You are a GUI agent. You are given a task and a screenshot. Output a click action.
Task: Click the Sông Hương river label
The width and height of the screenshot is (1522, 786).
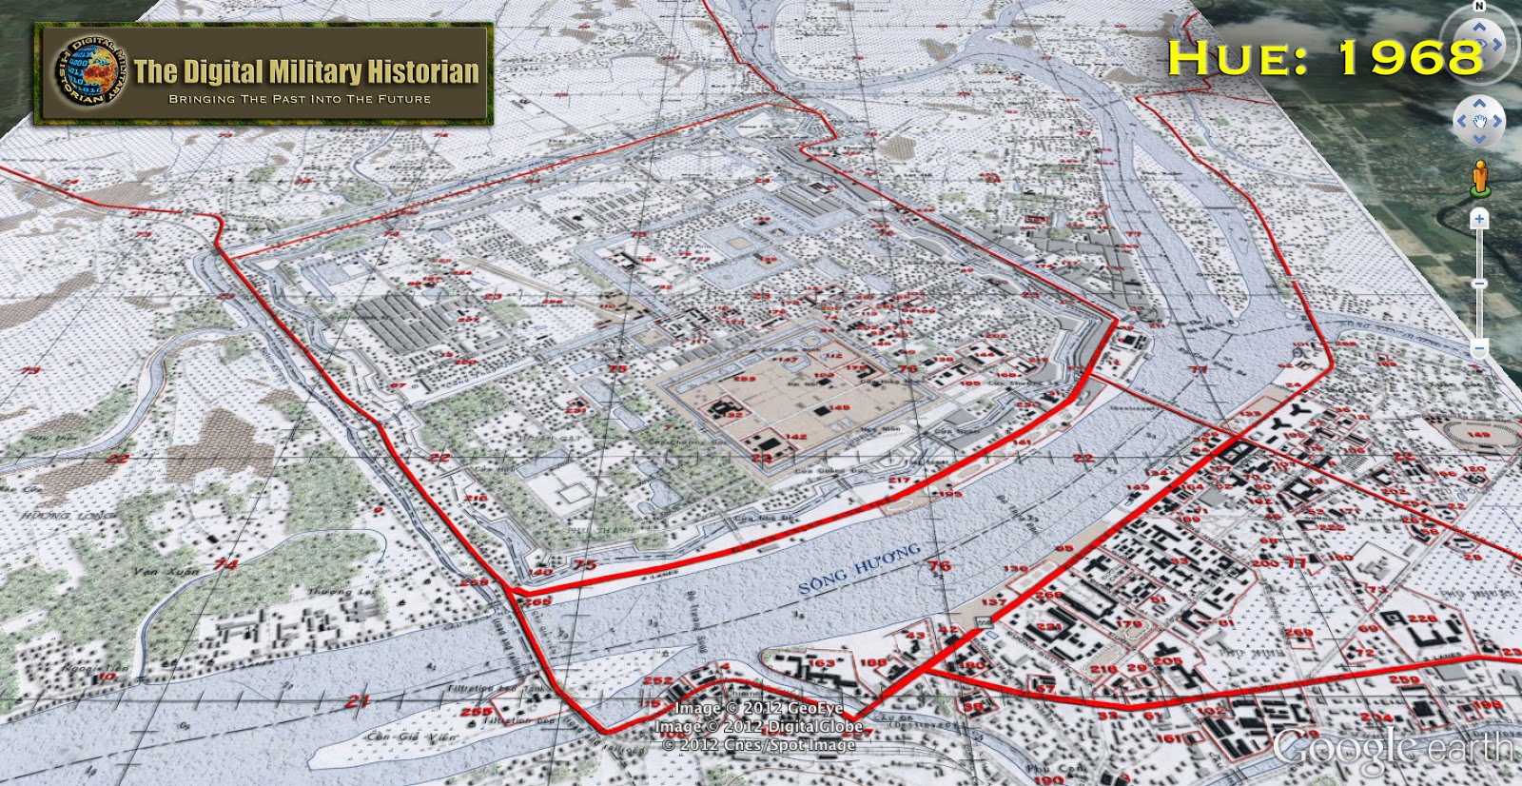point(859,568)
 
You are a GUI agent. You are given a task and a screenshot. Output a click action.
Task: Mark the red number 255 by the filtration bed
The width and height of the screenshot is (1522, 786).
point(476,711)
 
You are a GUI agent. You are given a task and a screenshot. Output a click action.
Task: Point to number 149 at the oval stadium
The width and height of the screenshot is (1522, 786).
point(1478,435)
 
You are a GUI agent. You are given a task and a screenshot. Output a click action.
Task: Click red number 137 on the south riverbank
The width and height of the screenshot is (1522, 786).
point(993,601)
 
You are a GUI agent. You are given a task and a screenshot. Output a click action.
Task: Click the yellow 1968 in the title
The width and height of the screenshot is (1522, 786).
point(1410,59)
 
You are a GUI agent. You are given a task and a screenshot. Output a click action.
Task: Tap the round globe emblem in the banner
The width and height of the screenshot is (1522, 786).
point(88,72)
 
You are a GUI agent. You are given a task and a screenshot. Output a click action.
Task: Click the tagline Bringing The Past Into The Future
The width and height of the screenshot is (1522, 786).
point(300,99)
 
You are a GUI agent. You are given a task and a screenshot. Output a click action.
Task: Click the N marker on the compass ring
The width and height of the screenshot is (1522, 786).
point(1479,7)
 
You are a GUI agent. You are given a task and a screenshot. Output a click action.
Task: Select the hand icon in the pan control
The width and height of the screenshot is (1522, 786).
point(1479,121)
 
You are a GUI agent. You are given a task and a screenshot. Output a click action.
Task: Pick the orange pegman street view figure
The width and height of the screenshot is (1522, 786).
point(1479,177)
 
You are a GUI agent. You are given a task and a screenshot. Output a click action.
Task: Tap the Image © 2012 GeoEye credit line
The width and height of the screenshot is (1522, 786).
point(758,708)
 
